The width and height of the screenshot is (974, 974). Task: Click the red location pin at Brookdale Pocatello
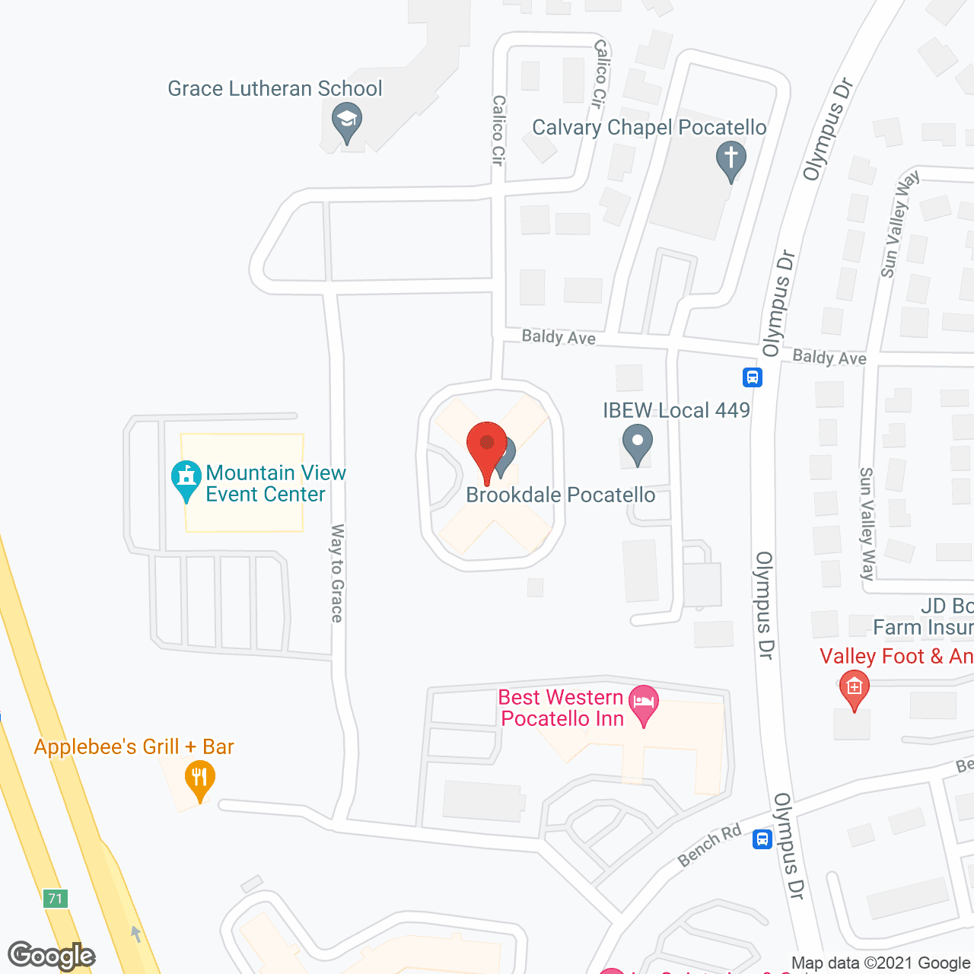pyautogui.click(x=486, y=447)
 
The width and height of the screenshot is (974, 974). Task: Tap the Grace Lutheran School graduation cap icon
pyautogui.click(x=347, y=122)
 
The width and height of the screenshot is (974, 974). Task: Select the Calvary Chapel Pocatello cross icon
pyautogui.click(x=730, y=160)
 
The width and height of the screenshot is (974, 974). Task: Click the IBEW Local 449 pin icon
pyautogui.click(x=638, y=442)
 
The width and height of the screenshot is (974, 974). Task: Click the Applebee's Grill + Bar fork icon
pyautogui.click(x=199, y=778)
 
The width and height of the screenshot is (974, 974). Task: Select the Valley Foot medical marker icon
pyautogui.click(x=854, y=689)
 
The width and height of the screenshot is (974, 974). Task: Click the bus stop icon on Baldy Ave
pyautogui.click(x=753, y=377)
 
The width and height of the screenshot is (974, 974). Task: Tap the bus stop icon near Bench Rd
pyautogui.click(x=762, y=839)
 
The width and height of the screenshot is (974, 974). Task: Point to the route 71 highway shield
pyautogui.click(x=55, y=899)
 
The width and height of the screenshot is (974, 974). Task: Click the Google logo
pyautogui.click(x=51, y=956)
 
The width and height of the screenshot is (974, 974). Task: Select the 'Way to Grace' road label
pyautogui.click(x=337, y=573)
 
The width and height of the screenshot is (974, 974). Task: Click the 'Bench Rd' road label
pyautogui.click(x=709, y=845)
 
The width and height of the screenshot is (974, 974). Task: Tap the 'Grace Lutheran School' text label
pyautogui.click(x=275, y=89)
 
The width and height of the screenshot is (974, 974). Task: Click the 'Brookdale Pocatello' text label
pyautogui.click(x=560, y=495)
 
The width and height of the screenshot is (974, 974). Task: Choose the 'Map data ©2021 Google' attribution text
pyautogui.click(x=880, y=963)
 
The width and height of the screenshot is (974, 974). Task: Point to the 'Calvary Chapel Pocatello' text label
pyautogui.click(x=649, y=127)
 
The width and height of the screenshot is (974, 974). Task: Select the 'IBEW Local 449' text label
pyautogui.click(x=676, y=411)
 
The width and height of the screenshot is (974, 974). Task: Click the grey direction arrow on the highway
pyautogui.click(x=136, y=933)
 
